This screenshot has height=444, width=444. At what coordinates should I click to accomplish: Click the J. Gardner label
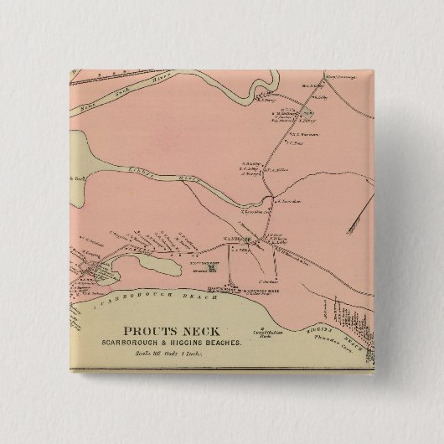pyautogui.click(x=268, y=281)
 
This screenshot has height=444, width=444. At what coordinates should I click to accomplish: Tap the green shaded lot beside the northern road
pyautogui.click(x=308, y=112)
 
